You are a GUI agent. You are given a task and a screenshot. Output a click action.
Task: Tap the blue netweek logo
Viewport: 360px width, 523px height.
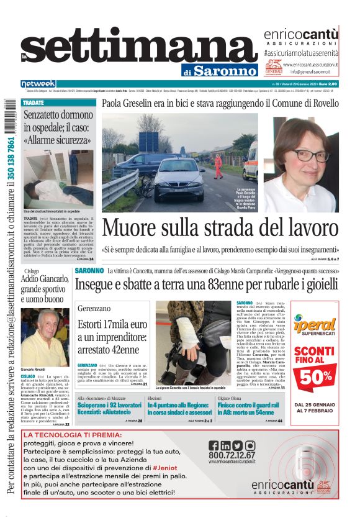point(38,84)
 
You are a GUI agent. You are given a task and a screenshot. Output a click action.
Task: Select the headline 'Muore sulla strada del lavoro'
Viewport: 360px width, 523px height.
point(220,227)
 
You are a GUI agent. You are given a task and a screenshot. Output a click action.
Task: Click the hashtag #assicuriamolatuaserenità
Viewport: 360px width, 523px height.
point(301,54)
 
